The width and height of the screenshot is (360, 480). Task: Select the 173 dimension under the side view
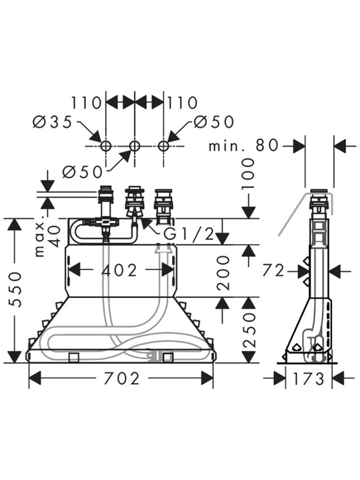[309, 379]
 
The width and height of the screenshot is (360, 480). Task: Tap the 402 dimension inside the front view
[119, 270]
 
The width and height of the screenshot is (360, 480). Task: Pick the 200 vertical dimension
[224, 271]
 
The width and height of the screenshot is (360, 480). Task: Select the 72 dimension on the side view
[274, 271]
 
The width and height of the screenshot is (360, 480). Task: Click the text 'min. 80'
[243, 146]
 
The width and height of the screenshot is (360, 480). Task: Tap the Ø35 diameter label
[52, 122]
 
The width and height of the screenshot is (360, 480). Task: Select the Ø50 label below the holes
[82, 171]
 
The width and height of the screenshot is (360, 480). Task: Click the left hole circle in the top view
[106, 146]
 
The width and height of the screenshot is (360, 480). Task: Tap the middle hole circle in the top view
[134, 146]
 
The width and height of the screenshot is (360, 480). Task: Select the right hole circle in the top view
[164, 146]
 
